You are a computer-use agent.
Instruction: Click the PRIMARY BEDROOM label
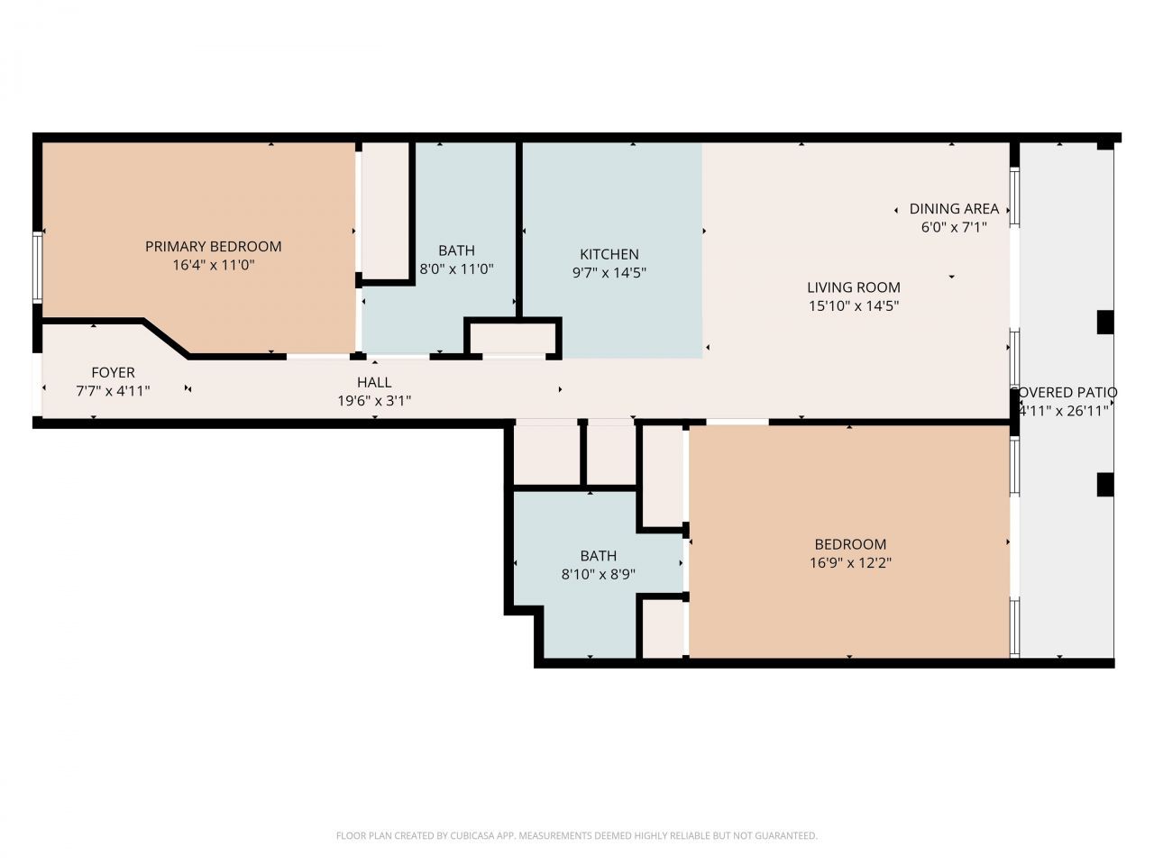(x=213, y=246)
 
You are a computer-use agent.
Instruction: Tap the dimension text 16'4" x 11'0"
(x=213, y=266)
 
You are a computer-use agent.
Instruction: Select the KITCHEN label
(x=609, y=254)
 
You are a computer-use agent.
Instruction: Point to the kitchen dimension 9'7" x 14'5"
(x=609, y=273)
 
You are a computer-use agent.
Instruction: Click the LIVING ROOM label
(x=853, y=287)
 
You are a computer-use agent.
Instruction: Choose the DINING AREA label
(x=954, y=208)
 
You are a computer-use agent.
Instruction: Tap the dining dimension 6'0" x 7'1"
(x=954, y=227)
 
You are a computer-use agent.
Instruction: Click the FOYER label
(x=113, y=372)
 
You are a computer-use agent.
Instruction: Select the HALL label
(x=374, y=382)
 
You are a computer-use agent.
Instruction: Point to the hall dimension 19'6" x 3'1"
(x=374, y=401)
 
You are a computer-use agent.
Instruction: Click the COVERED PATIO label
(x=1065, y=392)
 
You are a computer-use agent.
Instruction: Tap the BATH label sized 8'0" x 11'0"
(x=456, y=250)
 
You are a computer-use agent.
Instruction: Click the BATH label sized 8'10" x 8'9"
(x=598, y=556)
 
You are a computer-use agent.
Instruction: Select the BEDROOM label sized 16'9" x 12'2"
(x=850, y=544)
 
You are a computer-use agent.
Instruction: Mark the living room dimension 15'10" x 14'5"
(x=853, y=306)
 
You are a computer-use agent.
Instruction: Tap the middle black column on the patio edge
(x=1104, y=322)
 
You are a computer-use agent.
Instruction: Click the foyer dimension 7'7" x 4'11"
(x=113, y=391)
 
